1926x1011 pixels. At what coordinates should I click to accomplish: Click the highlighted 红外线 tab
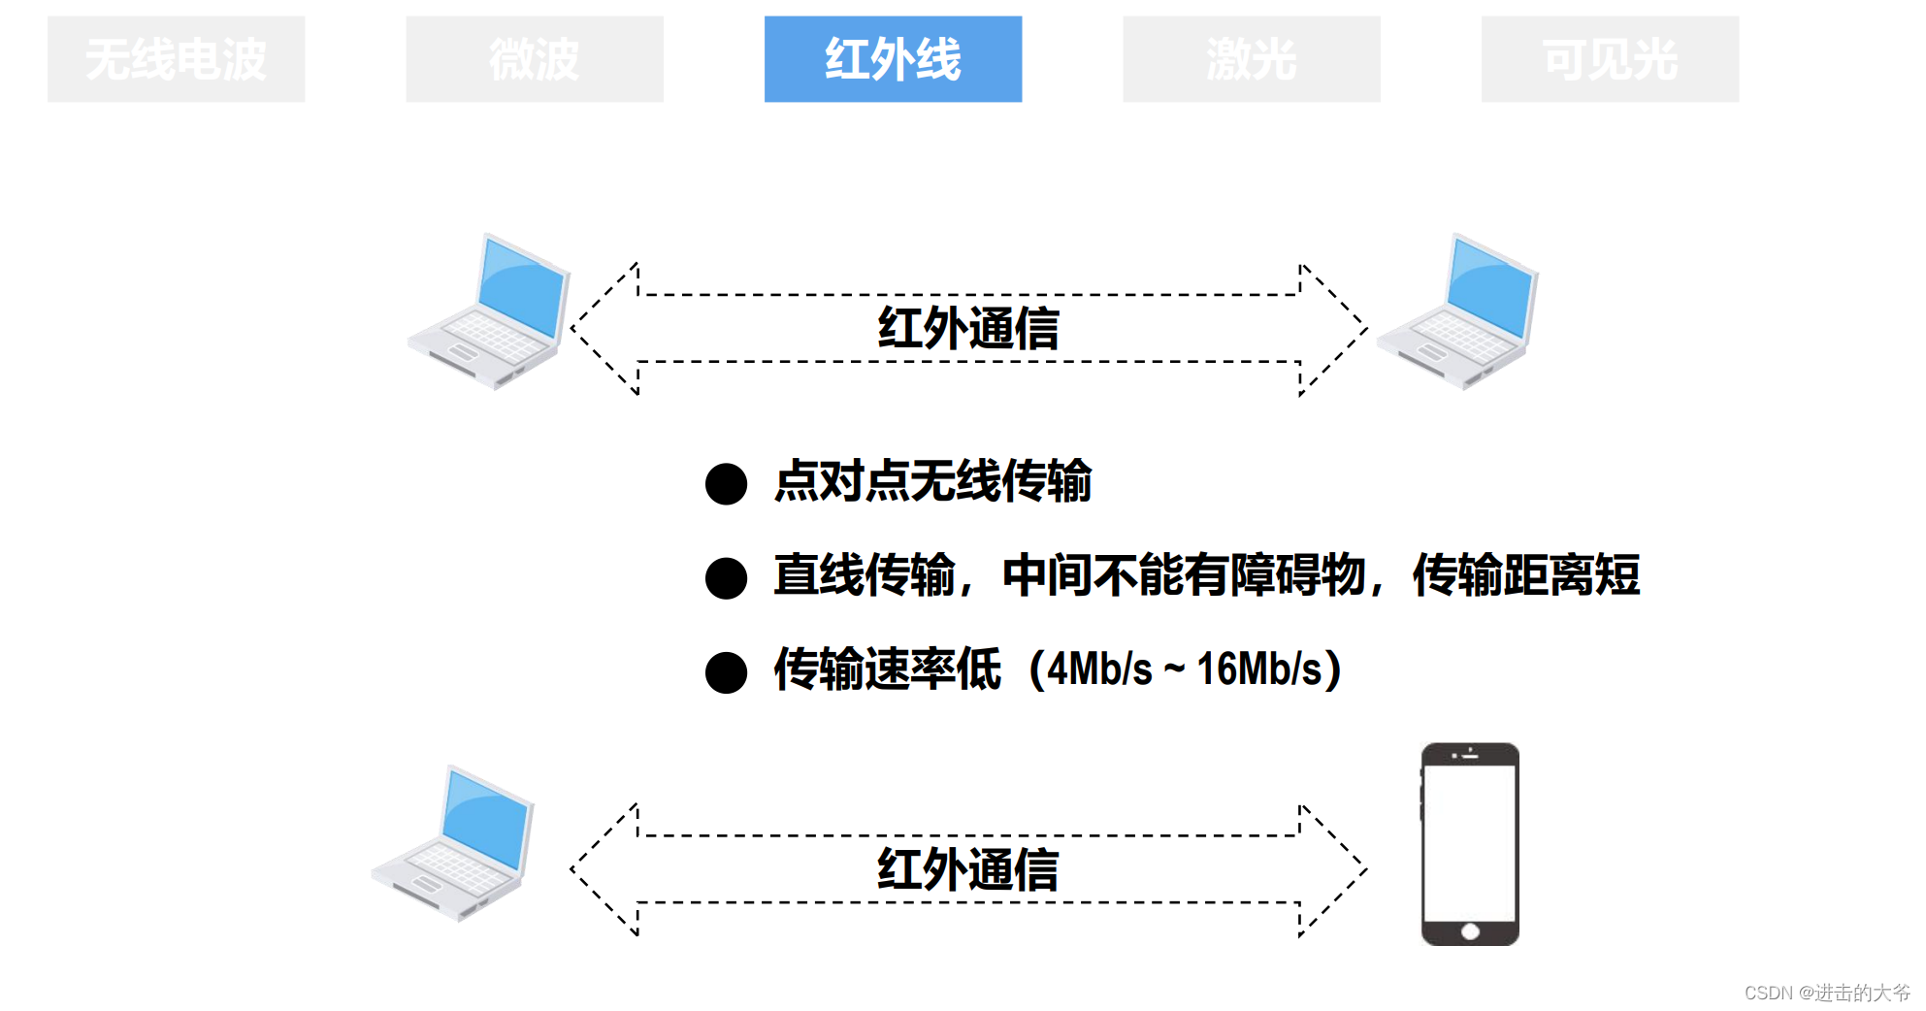tap(893, 59)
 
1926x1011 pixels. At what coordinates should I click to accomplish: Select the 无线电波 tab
tap(176, 59)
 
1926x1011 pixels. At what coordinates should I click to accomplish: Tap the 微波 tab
tap(535, 59)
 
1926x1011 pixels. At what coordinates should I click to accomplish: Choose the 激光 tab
tap(1252, 59)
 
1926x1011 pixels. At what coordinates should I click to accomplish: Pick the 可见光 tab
tap(1610, 59)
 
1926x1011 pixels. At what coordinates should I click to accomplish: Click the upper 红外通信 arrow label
tap(968, 328)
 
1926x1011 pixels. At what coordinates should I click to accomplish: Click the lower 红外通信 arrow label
tap(968, 868)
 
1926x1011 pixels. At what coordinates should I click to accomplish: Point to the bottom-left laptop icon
tap(452, 843)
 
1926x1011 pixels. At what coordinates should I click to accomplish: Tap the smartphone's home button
tap(1470, 931)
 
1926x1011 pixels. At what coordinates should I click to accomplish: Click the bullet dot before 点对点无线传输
tap(726, 483)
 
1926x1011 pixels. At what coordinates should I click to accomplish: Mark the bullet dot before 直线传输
tap(726, 577)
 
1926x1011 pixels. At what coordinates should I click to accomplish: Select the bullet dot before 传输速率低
tap(726, 672)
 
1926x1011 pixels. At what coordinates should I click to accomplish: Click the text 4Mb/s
tap(1100, 669)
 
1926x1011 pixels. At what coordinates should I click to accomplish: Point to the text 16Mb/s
tap(1259, 669)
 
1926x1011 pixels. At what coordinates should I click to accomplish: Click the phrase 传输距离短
tap(1525, 575)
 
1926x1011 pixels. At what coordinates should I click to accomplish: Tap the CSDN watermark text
tap(1826, 993)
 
